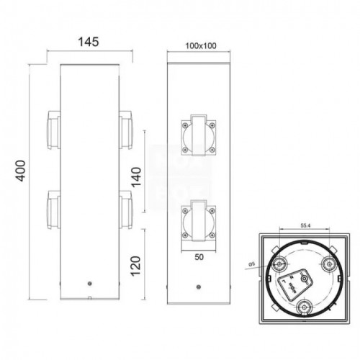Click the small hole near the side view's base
pyautogui.click(x=89, y=284)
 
